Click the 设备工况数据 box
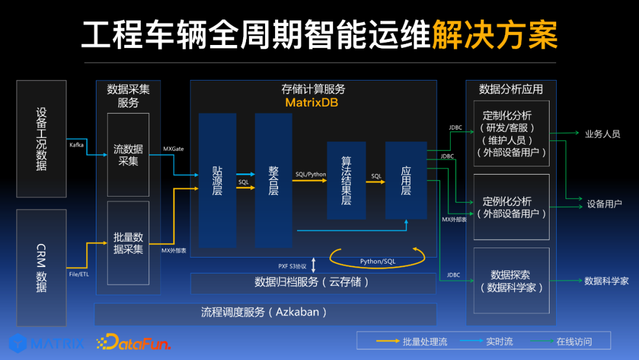point(41,139)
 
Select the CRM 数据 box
point(41,268)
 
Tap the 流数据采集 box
point(128,155)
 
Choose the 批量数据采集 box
point(128,243)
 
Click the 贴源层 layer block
point(217,180)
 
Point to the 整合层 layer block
point(273,180)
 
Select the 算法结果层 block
point(346,181)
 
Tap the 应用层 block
point(406,181)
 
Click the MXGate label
point(173,149)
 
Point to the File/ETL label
point(79,274)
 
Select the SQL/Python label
point(311,174)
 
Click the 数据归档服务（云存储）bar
point(312,282)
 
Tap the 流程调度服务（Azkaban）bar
point(264,312)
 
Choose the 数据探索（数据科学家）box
point(511,281)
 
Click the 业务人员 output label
point(602,134)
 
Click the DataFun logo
point(133,342)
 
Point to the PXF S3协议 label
point(292,266)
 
